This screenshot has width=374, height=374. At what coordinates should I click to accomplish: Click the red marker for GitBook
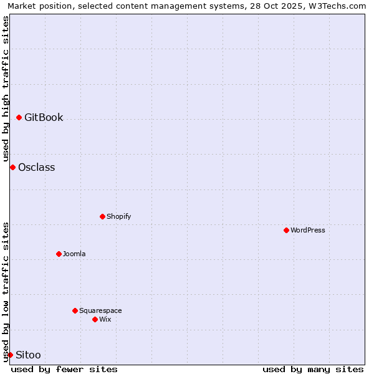coord(19,117)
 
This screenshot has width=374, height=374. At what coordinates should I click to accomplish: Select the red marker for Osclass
coord(12,167)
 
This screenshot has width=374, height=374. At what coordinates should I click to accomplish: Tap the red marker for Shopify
coord(102,216)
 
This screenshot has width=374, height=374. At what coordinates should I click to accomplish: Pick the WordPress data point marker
coord(286,230)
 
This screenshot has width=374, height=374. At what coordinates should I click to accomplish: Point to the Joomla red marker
coord(59,254)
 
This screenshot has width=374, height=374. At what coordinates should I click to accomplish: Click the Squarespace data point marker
coord(75,310)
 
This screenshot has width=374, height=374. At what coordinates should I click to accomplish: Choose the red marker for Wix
coord(95,319)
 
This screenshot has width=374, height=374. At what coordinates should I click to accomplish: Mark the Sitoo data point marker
coord(10,355)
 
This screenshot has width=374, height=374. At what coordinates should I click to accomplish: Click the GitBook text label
coord(44,117)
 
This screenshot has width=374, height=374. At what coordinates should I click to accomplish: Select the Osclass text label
coord(36,167)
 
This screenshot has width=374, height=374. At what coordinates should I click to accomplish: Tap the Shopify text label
coord(118,216)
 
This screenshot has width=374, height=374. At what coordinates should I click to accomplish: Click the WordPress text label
coord(308,230)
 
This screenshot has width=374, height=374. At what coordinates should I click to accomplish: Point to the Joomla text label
coord(74,254)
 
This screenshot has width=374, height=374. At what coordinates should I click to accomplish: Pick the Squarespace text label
coord(100,310)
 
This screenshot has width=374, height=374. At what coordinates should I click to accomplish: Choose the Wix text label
coord(105,319)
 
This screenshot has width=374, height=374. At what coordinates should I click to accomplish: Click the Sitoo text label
coord(28,355)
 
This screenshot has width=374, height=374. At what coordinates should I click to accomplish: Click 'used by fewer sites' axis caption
coord(64,369)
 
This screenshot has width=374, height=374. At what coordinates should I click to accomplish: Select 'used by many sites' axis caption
coord(313,369)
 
